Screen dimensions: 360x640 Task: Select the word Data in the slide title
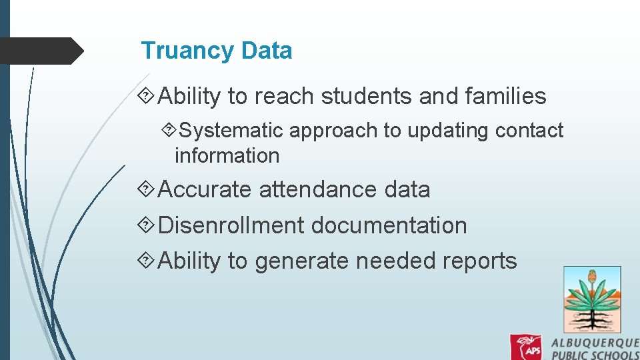pos(267,51)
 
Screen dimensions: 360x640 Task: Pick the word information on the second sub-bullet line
pos(227,155)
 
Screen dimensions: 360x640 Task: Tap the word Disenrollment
pos(231,225)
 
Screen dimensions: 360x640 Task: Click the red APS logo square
pos(526,347)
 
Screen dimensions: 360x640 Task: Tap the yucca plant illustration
pos(592,299)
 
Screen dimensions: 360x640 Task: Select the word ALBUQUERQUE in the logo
pos(595,342)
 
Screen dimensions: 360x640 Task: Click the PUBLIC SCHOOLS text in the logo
pos(595,355)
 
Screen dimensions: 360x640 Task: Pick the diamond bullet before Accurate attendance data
pos(148,190)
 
